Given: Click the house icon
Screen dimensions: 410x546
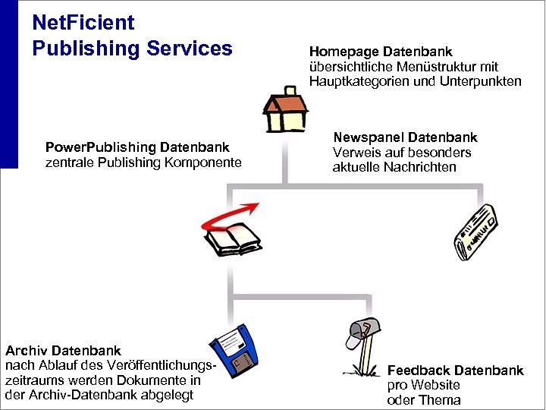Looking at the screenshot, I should [284, 109].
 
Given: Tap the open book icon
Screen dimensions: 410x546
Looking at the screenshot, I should [234, 239].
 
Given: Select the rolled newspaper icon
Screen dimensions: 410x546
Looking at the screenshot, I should [475, 232].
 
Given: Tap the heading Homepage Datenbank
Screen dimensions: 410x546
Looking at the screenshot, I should [381, 52].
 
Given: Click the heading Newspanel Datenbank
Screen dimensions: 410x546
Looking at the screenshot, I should [405, 137].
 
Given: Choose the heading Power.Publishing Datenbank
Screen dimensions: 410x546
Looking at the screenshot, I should [137, 147].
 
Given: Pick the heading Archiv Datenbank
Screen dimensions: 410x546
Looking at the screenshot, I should [63, 351].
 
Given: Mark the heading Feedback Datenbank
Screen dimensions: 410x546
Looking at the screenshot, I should [455, 371].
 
